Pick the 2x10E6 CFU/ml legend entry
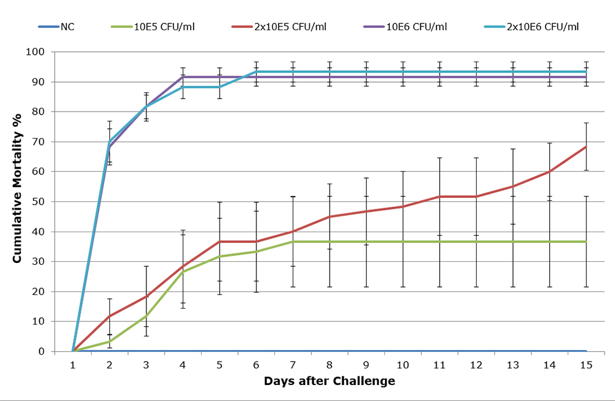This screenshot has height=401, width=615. [x=544, y=26]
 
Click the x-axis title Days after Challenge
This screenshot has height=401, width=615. [x=329, y=381]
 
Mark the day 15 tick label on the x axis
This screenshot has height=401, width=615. [x=586, y=364]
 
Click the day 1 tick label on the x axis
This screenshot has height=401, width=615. [x=73, y=364]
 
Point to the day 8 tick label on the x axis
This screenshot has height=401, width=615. [x=330, y=364]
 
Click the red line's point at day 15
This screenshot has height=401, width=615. [x=586, y=147]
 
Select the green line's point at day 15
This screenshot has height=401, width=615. [x=586, y=241]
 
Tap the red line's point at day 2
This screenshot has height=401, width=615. [x=109, y=316]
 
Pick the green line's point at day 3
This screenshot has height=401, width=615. [x=146, y=316]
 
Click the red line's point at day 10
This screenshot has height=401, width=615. [x=403, y=206]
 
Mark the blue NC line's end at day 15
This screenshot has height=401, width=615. [x=586, y=351]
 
